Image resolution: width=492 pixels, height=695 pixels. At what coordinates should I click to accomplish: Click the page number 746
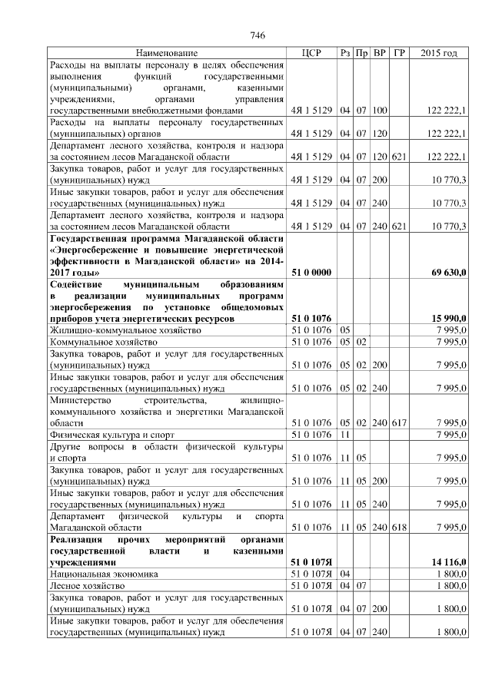click(x=258, y=36)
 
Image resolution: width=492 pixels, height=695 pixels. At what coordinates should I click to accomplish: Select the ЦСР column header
click(x=311, y=53)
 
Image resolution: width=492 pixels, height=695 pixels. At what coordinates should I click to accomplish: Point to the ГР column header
click(x=399, y=53)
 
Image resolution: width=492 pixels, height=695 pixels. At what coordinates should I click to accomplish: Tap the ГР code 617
click(x=399, y=422)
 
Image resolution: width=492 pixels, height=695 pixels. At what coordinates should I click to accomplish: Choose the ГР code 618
click(x=399, y=528)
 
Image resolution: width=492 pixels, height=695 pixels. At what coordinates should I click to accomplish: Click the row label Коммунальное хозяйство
click(x=104, y=340)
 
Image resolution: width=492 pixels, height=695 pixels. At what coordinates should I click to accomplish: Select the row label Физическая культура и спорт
click(x=112, y=435)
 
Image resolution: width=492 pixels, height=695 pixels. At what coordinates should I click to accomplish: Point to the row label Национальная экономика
click(x=104, y=574)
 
